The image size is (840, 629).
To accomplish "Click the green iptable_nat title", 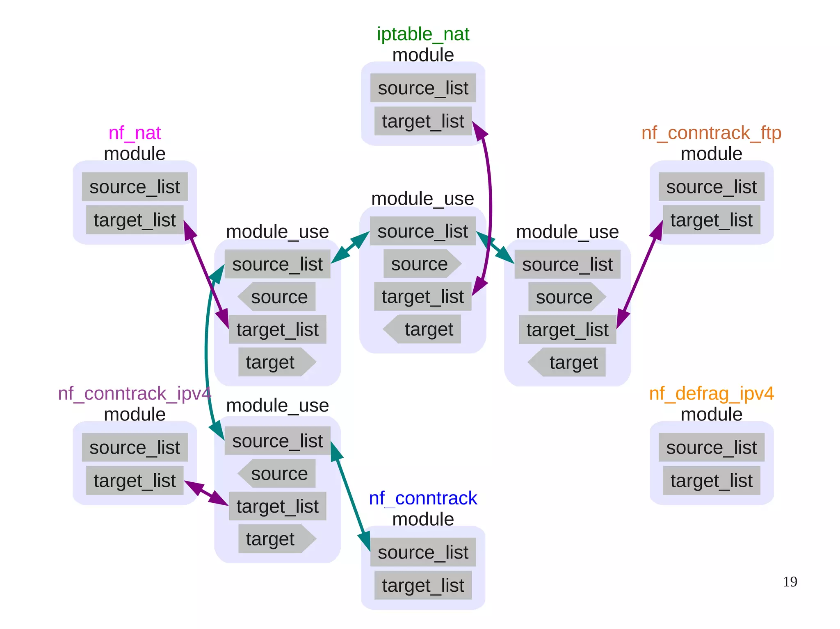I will [x=423, y=34].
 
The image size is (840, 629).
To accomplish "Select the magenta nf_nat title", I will [x=135, y=133].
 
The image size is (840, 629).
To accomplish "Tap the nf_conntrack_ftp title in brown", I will [x=711, y=133].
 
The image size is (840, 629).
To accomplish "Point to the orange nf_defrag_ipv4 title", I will [x=711, y=393].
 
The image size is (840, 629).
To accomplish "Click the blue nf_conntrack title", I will [x=423, y=498].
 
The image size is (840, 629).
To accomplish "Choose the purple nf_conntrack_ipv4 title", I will [x=135, y=393].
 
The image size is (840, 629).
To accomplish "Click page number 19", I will [x=790, y=582].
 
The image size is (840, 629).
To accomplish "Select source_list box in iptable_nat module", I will [x=423, y=88].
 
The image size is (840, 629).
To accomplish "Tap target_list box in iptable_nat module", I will [x=423, y=121].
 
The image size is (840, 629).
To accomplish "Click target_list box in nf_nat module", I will [x=135, y=220].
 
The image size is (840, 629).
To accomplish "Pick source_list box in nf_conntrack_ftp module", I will [x=711, y=187].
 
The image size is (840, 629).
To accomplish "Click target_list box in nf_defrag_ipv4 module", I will [x=711, y=480].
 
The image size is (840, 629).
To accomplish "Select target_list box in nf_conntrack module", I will [x=423, y=585].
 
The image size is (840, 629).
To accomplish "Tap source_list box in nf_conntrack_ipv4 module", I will [x=135, y=447].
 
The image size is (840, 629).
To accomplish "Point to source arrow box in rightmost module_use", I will [x=566, y=297].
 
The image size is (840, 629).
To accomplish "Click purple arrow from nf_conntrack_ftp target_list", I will [x=640, y=275].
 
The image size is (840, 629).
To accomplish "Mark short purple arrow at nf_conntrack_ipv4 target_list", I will [x=206, y=493].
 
